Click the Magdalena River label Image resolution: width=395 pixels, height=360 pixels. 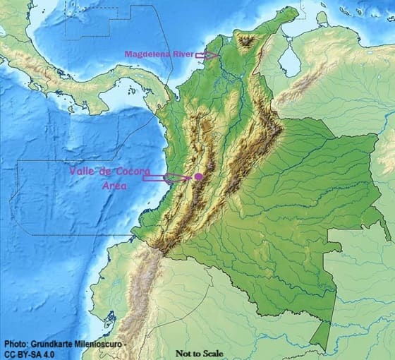pos(159,54)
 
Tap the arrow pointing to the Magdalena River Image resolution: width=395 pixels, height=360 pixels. pos(207,54)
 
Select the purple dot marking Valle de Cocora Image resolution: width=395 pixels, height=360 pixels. pos(199,176)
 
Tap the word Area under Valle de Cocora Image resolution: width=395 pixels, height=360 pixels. pos(115,186)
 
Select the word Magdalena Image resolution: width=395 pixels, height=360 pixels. pos(147,54)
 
